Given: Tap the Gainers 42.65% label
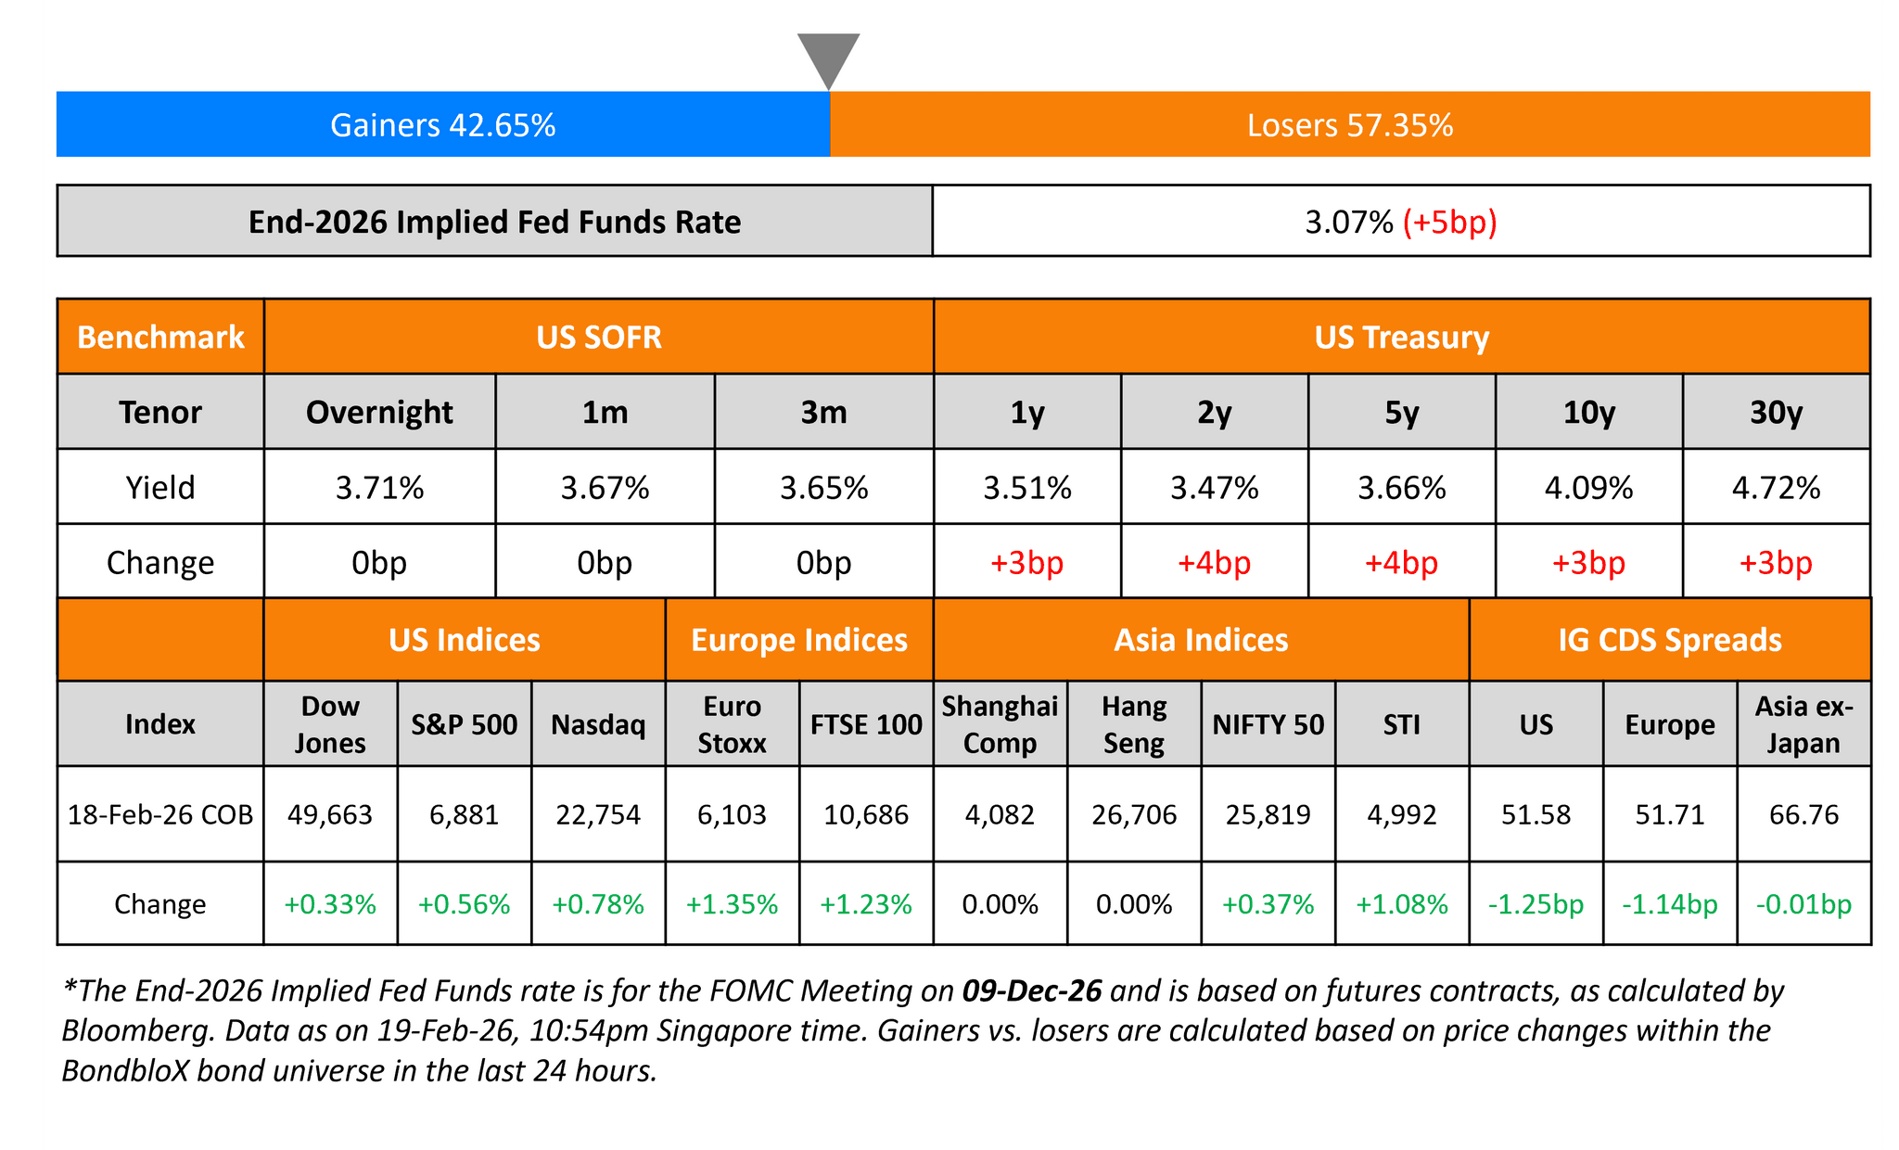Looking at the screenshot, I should (x=442, y=125).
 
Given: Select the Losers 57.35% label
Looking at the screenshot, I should (x=1349, y=125).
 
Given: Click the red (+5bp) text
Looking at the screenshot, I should (x=1449, y=223).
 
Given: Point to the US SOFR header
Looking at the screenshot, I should (x=599, y=337).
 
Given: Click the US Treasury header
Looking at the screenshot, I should (x=1401, y=337).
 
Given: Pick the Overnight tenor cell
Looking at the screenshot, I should (x=379, y=412).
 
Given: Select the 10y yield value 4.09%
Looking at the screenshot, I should (x=1588, y=488).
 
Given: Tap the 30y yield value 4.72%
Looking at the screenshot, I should (x=1776, y=488).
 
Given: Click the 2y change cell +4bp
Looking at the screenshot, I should (x=1214, y=563).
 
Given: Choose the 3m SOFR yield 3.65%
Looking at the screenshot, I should (x=823, y=488).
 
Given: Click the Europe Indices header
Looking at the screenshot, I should (x=799, y=640).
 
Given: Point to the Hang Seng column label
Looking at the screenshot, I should (x=1134, y=724).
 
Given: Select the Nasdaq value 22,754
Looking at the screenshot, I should (x=598, y=815).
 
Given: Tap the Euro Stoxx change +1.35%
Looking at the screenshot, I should (x=732, y=904).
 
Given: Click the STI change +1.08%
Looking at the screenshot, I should (x=1401, y=904).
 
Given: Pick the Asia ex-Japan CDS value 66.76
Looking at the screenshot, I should (x=1803, y=815).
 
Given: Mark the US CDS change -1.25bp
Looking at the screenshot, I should (x=1536, y=904).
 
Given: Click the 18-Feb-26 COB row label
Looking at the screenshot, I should (x=160, y=815).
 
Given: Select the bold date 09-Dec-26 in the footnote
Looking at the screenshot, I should (x=1032, y=991).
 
